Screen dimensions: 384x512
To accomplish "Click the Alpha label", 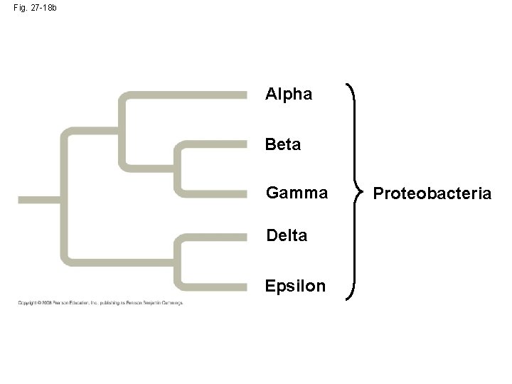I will point(288,95).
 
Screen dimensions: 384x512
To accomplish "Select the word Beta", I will point(283,145).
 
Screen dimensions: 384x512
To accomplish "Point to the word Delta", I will point(287,235).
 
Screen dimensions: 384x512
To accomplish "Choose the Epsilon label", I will point(295,286).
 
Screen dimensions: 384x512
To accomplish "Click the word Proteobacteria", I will point(432,193).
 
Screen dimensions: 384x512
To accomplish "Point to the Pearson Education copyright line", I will point(100,303).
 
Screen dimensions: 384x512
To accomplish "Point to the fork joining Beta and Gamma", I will point(178,169).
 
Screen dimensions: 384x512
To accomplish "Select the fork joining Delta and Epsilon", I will point(178,261).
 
